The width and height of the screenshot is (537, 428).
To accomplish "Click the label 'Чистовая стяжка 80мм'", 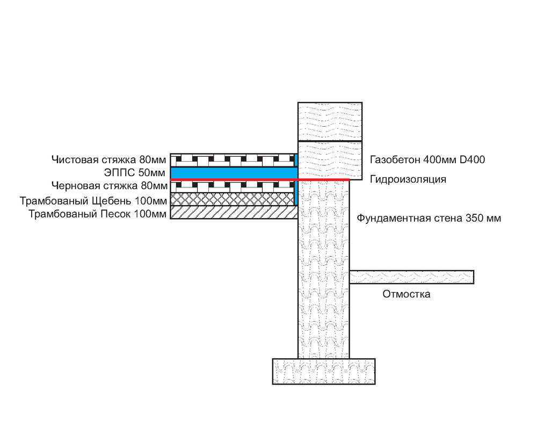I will pyautogui.click(x=108, y=159).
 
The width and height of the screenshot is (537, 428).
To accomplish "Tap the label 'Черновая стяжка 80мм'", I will pyautogui.click(x=109, y=186).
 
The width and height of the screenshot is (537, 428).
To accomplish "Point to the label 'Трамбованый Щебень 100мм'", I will pyautogui.click(x=93, y=201).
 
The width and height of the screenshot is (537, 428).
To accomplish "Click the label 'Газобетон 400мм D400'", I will pyautogui.click(x=427, y=159).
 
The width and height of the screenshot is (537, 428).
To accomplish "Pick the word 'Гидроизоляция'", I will pyautogui.click(x=408, y=179).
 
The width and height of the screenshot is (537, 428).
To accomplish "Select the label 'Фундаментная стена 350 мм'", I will pyautogui.click(x=429, y=219).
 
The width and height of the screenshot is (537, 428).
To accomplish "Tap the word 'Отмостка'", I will pyautogui.click(x=407, y=294).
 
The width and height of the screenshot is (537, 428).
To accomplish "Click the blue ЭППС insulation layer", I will pyautogui.click(x=231, y=172).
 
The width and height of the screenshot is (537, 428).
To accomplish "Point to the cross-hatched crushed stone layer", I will pyautogui.click(x=231, y=199).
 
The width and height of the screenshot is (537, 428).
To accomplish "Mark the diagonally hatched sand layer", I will pyautogui.click(x=231, y=213).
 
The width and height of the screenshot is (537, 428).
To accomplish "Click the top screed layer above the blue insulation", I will pyautogui.click(x=231, y=159).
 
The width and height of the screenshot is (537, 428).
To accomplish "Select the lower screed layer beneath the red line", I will pyautogui.click(x=231, y=186).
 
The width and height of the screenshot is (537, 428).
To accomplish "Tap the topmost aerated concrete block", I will pyautogui.click(x=330, y=121).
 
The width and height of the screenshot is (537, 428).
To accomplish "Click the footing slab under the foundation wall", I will pyautogui.click(x=324, y=371).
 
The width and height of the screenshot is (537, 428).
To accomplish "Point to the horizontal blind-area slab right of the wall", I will pyautogui.click(x=411, y=277).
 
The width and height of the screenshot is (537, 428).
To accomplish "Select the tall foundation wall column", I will pyautogui.click(x=324, y=269).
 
